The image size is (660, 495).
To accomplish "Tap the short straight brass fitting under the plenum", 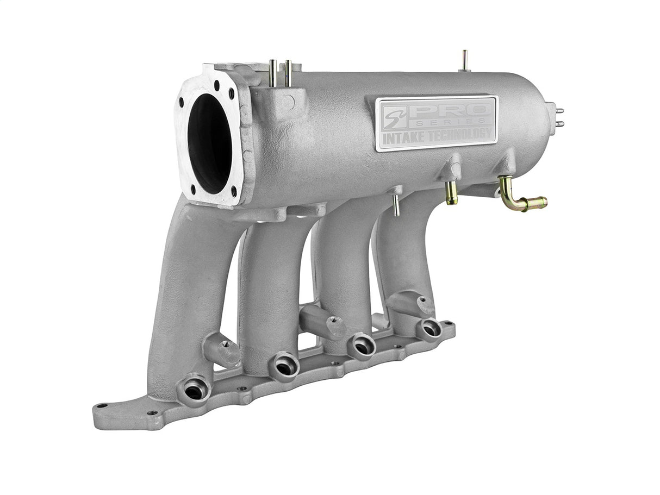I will point(451,192).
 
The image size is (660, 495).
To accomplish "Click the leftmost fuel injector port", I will point(194,389).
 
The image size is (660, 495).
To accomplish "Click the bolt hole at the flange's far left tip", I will point(102,406).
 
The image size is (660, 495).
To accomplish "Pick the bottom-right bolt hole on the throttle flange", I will point(234,191).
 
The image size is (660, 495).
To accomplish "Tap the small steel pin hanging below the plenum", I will point(396,205).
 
